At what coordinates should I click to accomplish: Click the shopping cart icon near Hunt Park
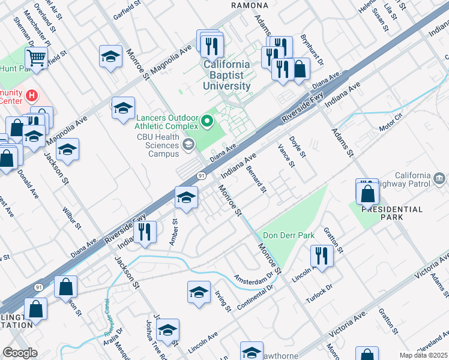click(37, 58)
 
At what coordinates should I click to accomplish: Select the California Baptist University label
click(226, 75)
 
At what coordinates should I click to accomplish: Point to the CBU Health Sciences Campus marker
click(188, 143)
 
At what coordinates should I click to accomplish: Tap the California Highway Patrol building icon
click(439, 178)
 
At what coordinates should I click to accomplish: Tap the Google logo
click(20, 353)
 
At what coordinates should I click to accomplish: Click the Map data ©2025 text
click(423, 355)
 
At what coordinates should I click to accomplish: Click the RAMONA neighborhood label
click(249, 5)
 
